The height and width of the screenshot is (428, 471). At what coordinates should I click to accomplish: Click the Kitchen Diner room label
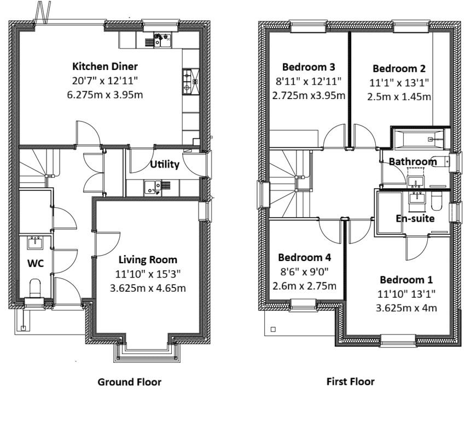[x=105, y=67]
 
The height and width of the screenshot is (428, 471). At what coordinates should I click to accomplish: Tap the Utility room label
[x=165, y=164]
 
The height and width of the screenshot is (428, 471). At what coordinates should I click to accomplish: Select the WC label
[x=36, y=263]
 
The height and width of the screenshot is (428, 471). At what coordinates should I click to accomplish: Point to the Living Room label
[x=148, y=259]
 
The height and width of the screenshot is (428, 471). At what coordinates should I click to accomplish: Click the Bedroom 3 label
[x=309, y=67]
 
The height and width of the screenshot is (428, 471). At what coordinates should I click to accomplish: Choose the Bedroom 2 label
[x=399, y=69]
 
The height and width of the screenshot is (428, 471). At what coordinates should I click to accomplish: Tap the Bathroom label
[x=412, y=161]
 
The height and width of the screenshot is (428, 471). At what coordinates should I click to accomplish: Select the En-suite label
[x=415, y=218]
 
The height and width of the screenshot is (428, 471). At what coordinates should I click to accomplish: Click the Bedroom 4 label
[x=304, y=257]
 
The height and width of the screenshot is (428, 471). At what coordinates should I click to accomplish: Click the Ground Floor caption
[x=130, y=381]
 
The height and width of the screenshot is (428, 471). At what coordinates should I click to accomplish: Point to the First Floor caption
[x=350, y=381]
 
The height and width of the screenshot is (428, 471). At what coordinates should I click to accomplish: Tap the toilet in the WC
[x=35, y=286]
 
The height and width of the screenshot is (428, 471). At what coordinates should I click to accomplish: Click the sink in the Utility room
[x=153, y=188]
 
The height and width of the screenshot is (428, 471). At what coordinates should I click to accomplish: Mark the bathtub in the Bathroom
[x=420, y=140]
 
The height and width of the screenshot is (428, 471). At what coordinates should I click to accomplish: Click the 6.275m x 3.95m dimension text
[x=105, y=94]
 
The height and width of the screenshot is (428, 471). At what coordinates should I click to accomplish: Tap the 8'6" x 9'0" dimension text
[x=304, y=271]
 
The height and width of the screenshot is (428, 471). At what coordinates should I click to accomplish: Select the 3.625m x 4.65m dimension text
[x=148, y=288]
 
